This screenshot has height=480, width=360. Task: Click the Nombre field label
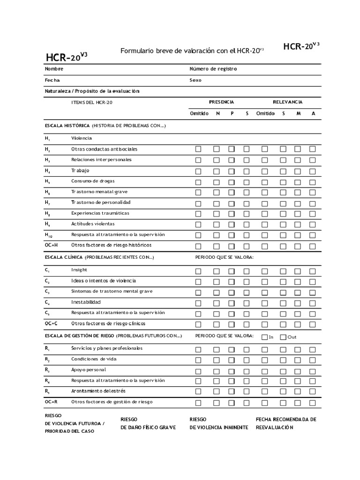54,69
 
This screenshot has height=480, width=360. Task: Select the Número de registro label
213,69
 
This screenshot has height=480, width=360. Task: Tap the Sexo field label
195,80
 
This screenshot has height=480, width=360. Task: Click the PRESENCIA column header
221,102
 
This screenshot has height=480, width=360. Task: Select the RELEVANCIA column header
287,102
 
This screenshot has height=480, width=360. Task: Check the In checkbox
265,337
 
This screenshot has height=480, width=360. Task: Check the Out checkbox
283,337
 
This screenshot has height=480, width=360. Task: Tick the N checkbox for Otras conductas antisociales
217,150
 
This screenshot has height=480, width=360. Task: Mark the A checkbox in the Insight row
313,271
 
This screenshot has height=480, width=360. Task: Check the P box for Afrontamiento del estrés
232,391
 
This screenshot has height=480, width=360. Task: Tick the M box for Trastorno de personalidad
297,203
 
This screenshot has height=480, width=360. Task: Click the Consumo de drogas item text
93,181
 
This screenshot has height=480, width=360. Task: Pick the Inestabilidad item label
86,302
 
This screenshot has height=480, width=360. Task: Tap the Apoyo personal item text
89,370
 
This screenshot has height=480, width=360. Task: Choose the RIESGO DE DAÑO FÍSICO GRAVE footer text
148,423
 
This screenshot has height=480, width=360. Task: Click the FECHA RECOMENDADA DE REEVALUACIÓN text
286,423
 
